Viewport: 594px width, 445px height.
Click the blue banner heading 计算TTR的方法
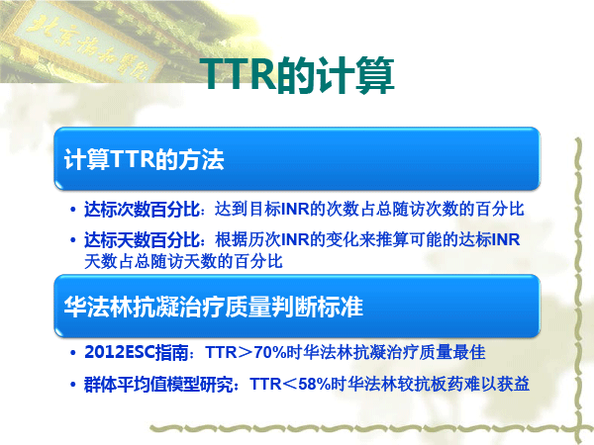(144, 159)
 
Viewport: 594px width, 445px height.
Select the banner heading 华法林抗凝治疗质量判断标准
(214, 307)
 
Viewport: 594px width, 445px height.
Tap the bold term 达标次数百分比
(142, 210)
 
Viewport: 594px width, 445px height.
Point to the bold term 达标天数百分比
(142, 239)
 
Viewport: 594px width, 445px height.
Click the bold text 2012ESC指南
(137, 352)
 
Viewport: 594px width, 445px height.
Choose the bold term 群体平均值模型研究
(158, 385)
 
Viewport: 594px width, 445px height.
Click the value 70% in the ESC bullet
(269, 352)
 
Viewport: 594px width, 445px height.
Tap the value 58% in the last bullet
(315, 385)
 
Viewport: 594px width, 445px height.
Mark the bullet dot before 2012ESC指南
(73, 353)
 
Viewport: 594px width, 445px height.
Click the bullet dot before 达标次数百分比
(73, 210)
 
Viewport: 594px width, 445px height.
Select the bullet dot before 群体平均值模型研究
(73, 385)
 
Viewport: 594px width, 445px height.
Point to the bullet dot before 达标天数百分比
(73, 240)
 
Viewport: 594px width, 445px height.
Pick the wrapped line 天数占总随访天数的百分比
(183, 261)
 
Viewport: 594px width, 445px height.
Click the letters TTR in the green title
(239, 74)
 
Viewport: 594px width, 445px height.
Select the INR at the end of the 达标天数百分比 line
(506, 239)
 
